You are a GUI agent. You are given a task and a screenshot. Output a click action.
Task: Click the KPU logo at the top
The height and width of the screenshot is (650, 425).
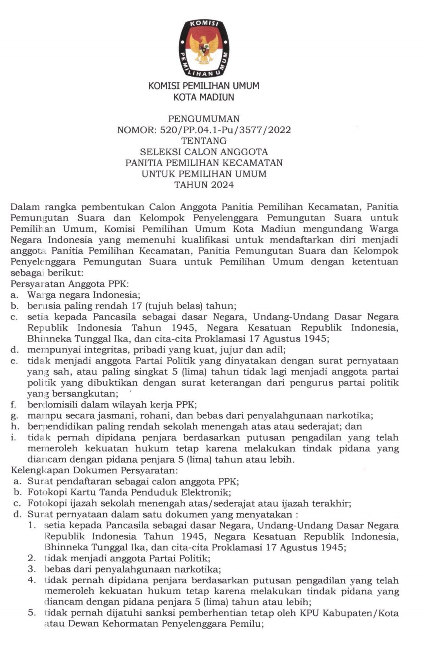(204, 48)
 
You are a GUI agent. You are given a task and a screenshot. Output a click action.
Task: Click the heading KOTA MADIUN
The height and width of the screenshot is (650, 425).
(204, 97)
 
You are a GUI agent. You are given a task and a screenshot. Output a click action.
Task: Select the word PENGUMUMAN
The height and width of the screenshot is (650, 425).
(204, 119)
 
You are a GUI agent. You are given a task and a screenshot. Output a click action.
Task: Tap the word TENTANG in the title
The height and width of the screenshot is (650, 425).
(204, 141)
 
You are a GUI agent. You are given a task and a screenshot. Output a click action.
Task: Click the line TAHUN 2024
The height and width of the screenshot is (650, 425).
(204, 185)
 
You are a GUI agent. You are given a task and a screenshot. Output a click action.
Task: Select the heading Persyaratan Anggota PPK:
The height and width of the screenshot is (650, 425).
(70, 284)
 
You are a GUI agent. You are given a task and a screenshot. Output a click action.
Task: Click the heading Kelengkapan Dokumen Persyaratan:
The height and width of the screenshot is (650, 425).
(94, 470)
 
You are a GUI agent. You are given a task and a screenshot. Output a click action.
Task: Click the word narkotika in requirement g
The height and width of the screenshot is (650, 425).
(352, 415)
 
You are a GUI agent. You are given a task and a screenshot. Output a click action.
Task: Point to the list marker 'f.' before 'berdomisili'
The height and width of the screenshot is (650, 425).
(13, 404)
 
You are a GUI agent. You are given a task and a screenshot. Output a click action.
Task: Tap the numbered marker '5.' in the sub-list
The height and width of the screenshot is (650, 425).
(32, 613)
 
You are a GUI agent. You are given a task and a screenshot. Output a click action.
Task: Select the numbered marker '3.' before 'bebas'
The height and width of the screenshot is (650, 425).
(32, 569)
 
